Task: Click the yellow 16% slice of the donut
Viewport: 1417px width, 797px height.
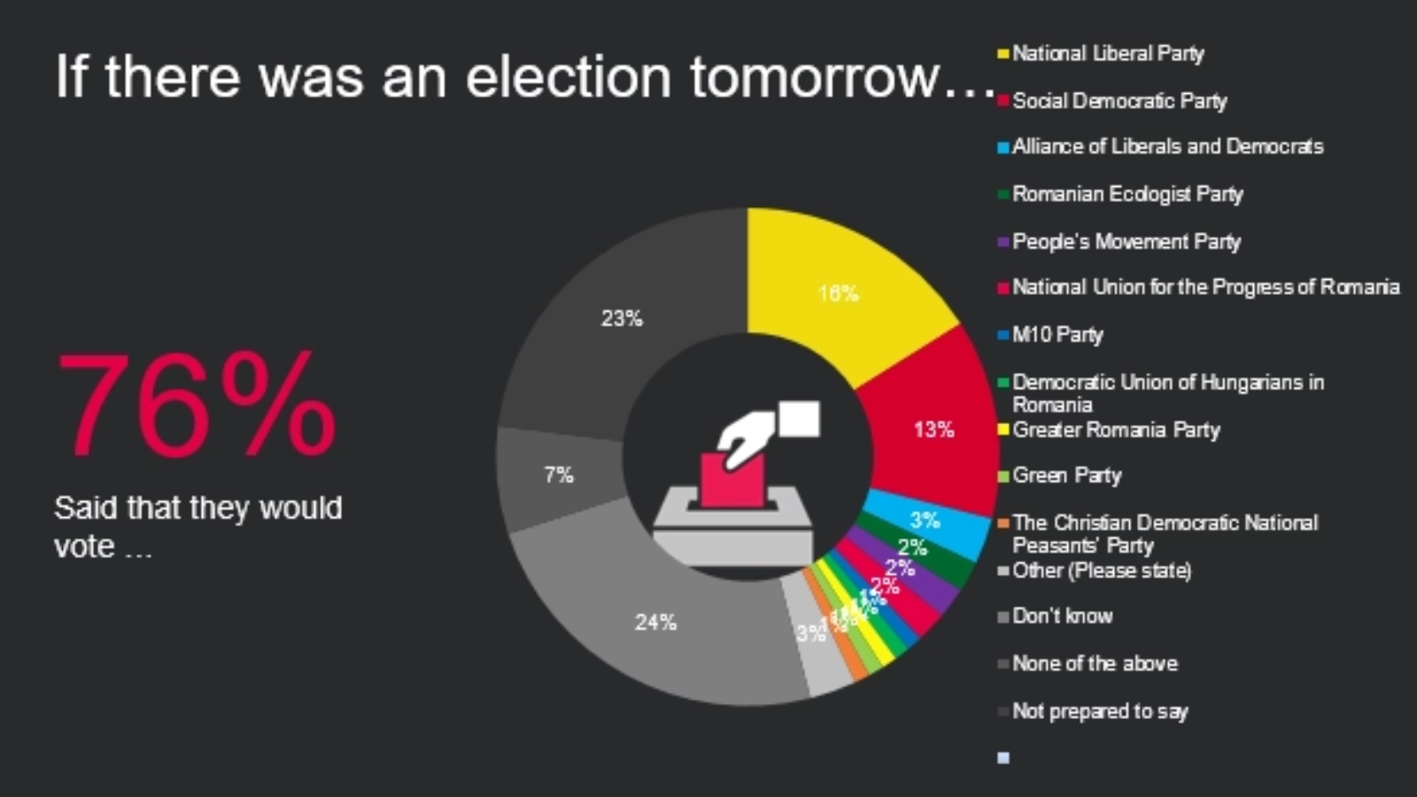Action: (x=841, y=283)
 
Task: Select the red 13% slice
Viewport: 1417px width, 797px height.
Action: (x=930, y=425)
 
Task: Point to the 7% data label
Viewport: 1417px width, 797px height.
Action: (x=559, y=476)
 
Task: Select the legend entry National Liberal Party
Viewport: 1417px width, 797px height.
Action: (x=1107, y=54)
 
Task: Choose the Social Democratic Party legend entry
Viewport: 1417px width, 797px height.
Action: (x=1119, y=101)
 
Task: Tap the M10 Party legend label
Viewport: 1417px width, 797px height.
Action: (x=1057, y=335)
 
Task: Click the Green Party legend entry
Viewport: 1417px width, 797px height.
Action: (x=1066, y=476)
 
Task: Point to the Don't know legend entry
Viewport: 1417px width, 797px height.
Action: (x=1062, y=616)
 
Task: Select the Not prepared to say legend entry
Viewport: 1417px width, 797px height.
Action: (x=1099, y=711)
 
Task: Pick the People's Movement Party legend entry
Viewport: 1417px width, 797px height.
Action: (x=1126, y=242)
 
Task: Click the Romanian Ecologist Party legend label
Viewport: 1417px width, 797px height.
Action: (x=1127, y=194)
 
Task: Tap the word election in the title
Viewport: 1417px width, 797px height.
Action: (x=568, y=77)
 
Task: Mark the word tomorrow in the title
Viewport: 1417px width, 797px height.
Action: (x=815, y=77)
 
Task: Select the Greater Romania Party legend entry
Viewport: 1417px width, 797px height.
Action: (x=1116, y=430)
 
